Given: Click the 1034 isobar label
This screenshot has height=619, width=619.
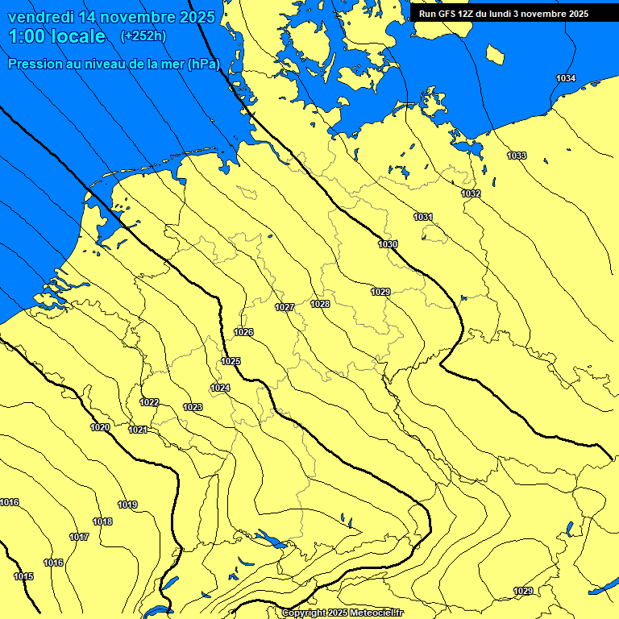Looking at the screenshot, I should tap(566, 78).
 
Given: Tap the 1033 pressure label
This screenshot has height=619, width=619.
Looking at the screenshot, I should tap(517, 156).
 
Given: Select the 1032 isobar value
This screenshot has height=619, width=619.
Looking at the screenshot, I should tap(471, 194).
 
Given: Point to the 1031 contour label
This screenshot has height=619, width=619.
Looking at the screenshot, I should tap(423, 217).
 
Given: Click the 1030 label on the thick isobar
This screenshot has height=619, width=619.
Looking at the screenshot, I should tap(388, 244).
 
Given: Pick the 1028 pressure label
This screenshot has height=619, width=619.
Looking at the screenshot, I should tap(320, 304).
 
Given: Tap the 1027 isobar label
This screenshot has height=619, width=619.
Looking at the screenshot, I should tap(285, 307).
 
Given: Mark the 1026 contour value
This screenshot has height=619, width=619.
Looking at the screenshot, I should tap(243, 333).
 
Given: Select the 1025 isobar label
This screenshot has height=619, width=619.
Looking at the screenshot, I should tap(231, 361).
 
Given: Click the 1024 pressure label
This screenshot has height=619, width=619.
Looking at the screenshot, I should tap(220, 388).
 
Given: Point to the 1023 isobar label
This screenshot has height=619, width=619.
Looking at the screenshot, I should tap(193, 407).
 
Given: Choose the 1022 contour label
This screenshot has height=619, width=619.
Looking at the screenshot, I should tap(149, 402).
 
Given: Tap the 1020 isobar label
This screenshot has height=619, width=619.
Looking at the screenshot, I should tap(100, 427).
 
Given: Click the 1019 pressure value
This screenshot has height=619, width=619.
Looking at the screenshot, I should tap(127, 505).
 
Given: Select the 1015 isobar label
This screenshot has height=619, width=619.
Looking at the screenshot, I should tap(23, 576).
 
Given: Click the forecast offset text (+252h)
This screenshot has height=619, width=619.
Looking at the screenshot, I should tap(143, 36).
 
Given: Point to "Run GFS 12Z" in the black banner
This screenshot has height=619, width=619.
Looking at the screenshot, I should tap(447, 14).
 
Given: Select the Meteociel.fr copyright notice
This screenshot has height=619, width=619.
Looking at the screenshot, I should tap(342, 613).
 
